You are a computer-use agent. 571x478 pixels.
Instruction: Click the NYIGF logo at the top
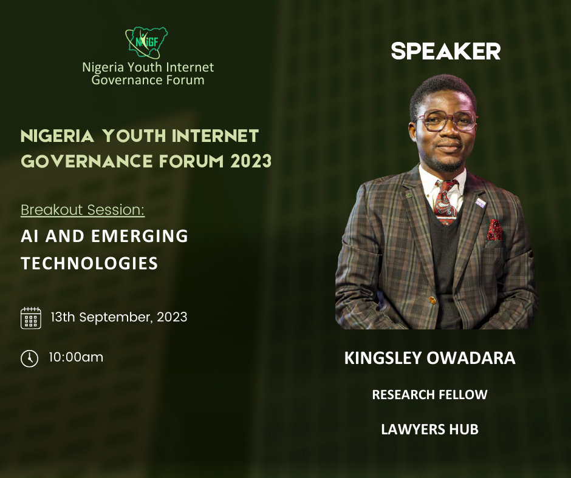pyautogui.click(x=146, y=42)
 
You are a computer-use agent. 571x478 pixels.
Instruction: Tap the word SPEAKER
pyautogui.click(x=446, y=52)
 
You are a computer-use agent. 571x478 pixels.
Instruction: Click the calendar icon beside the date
pyautogui.click(x=30, y=318)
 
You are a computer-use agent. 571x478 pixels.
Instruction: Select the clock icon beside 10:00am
pyautogui.click(x=30, y=358)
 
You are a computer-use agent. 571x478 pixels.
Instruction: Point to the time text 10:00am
pyautogui.click(x=76, y=357)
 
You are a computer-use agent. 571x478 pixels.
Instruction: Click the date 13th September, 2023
pyautogui.click(x=119, y=317)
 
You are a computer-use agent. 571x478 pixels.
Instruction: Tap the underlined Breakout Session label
pyautogui.click(x=83, y=210)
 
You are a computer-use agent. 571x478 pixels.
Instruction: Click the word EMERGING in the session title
pyautogui.click(x=140, y=236)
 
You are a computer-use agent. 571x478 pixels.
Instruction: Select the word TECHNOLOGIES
pyautogui.click(x=89, y=263)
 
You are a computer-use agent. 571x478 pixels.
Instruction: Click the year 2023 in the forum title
pyautogui.click(x=251, y=161)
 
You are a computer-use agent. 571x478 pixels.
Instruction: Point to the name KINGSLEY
pyautogui.click(x=383, y=358)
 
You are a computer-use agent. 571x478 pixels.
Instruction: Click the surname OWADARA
pyautogui.click(x=471, y=358)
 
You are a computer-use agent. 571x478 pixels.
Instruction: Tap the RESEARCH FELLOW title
pyautogui.click(x=429, y=395)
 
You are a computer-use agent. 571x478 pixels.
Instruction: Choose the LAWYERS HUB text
pyautogui.click(x=429, y=429)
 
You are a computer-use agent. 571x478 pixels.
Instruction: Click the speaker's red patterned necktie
pyautogui.click(x=445, y=202)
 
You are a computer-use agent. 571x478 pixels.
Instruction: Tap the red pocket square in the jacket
pyautogui.click(x=494, y=230)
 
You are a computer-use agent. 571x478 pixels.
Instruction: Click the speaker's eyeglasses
pyautogui.click(x=446, y=121)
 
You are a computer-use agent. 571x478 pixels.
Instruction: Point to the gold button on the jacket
pyautogui.click(x=433, y=300)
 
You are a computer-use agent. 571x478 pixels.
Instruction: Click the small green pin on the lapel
pyautogui.click(x=409, y=195)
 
